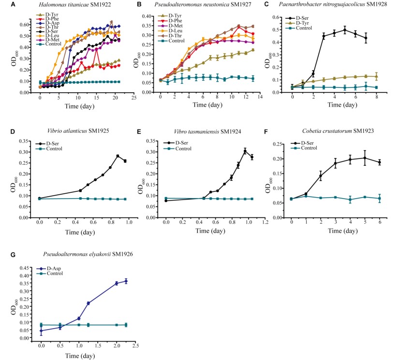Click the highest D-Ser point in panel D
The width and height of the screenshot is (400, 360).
tap(118, 156)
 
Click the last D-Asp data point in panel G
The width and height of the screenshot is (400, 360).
tap(126, 281)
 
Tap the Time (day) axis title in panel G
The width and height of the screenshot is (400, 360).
tap(81, 355)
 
